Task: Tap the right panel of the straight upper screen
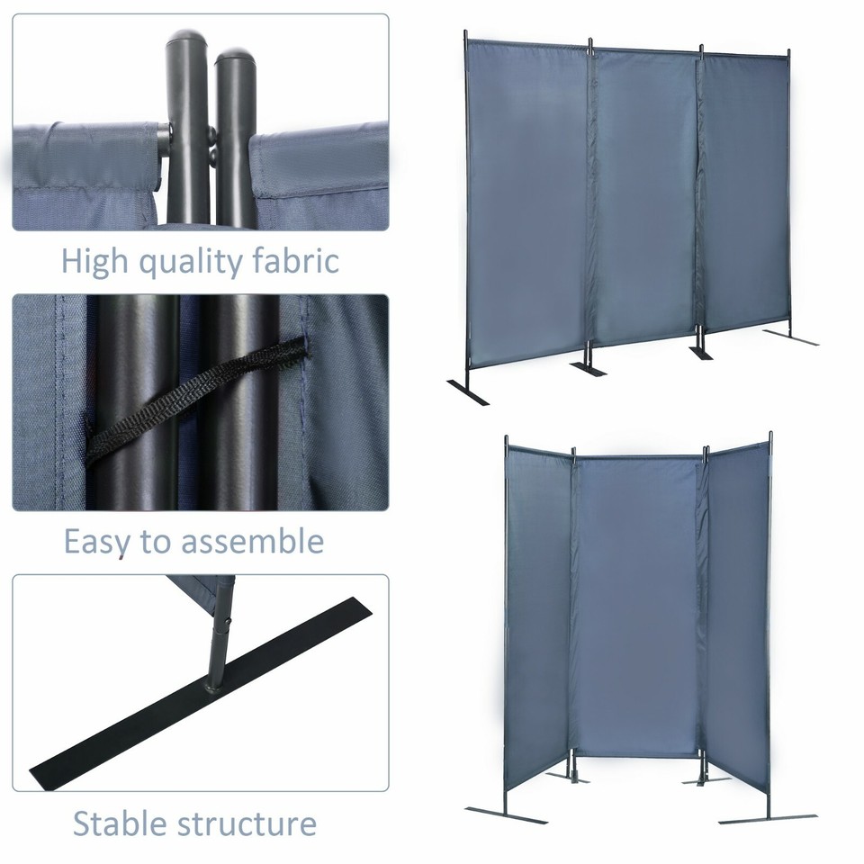click(x=745, y=189)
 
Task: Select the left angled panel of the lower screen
click(x=538, y=621)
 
